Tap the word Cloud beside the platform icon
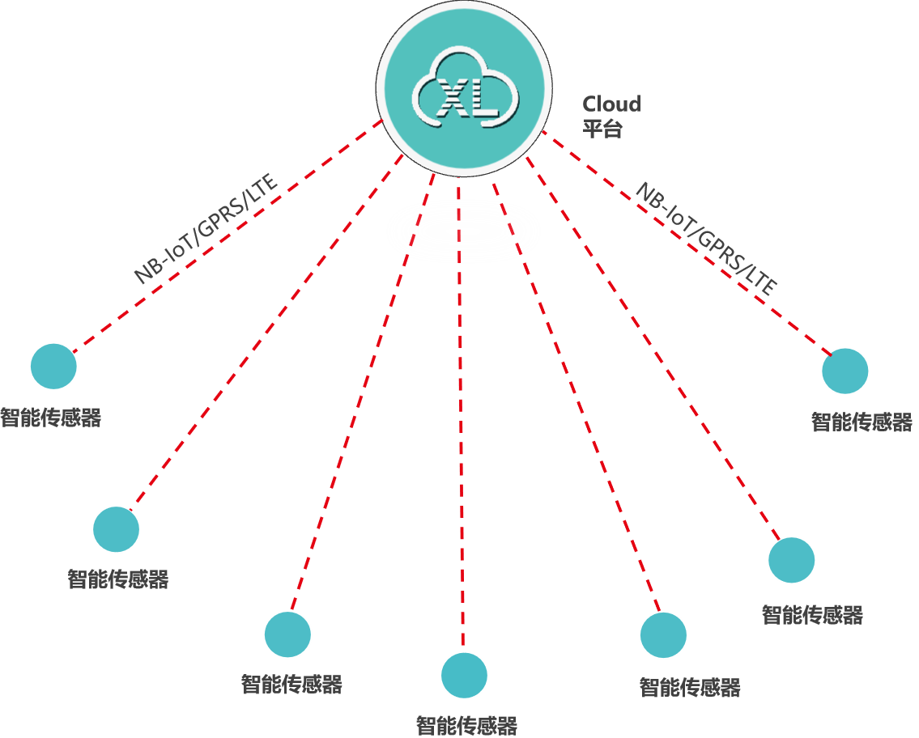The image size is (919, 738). (x=611, y=104)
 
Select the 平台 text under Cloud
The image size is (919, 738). (x=602, y=128)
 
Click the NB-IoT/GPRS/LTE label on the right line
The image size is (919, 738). (x=705, y=238)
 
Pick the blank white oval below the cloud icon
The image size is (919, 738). (x=463, y=231)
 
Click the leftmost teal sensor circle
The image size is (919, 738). (x=53, y=366)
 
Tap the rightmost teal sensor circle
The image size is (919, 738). (x=845, y=371)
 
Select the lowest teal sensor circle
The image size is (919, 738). (x=464, y=675)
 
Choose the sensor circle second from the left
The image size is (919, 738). (x=116, y=529)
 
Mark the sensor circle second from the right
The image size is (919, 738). (x=791, y=560)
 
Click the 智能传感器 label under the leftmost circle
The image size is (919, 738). (x=50, y=418)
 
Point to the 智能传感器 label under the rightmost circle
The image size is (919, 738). (x=862, y=422)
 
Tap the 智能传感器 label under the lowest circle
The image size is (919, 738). (x=466, y=725)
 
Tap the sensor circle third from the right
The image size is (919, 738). (x=663, y=635)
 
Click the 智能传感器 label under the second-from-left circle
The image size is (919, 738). (x=118, y=579)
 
